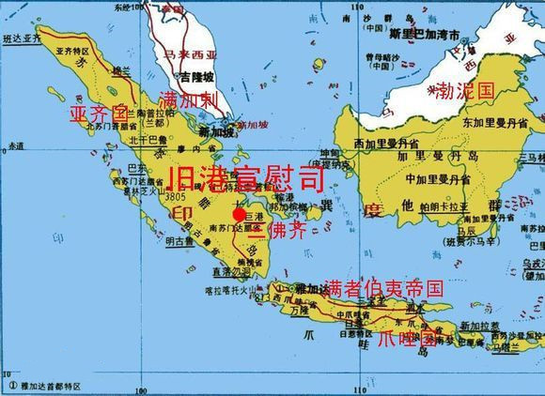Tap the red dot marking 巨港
(239, 214)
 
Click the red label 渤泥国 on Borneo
(465, 91)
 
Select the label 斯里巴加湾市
(432, 34)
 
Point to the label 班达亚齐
(23, 39)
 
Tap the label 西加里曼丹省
(385, 144)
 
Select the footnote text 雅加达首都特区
(49, 385)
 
